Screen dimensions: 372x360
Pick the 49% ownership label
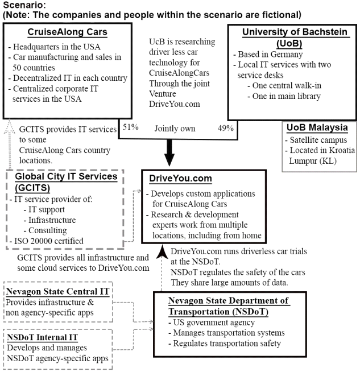point(225,128)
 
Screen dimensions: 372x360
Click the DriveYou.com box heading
point(177,179)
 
